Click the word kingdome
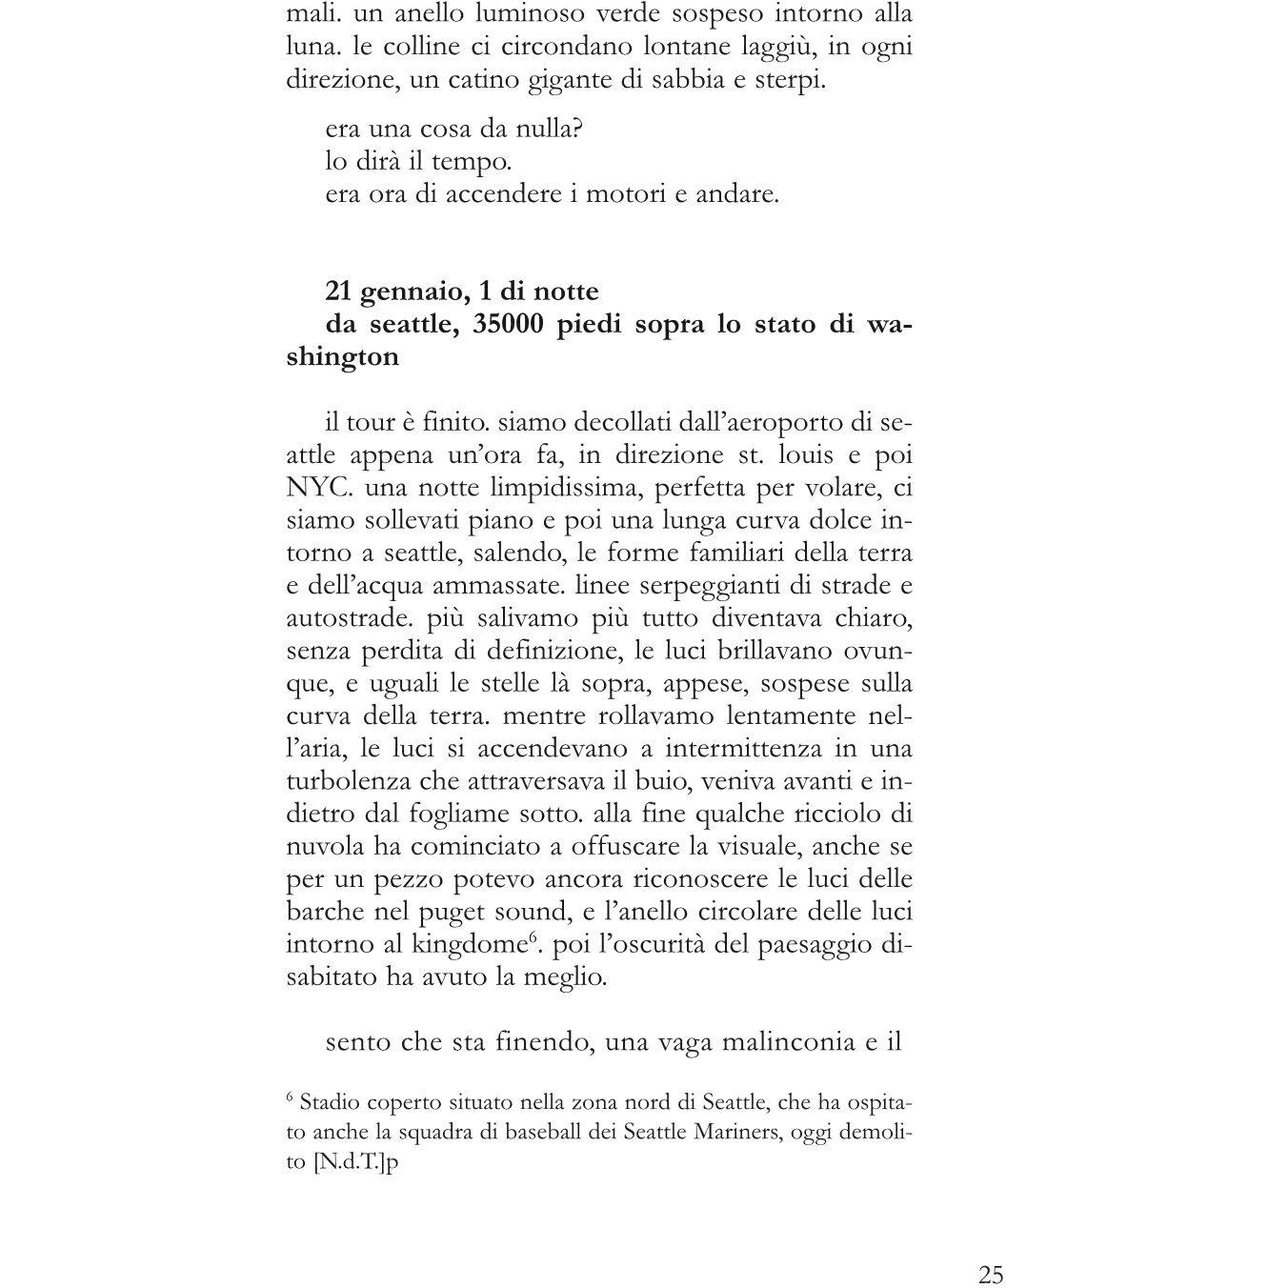coord(470,945)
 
